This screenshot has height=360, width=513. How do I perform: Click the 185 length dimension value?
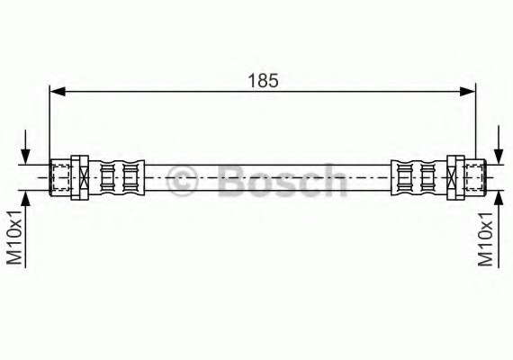point(263,80)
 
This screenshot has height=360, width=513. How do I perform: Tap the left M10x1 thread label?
point(14,238)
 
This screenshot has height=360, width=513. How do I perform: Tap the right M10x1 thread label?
point(485,238)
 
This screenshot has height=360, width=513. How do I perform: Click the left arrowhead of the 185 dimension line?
point(58,92)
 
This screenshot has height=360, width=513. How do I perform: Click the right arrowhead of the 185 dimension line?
point(467,92)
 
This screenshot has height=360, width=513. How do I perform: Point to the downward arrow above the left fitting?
point(25,147)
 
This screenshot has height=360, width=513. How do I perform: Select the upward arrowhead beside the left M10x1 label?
point(25,199)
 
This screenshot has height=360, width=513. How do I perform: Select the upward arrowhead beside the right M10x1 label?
point(499,199)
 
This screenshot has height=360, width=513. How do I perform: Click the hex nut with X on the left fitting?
point(80,177)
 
